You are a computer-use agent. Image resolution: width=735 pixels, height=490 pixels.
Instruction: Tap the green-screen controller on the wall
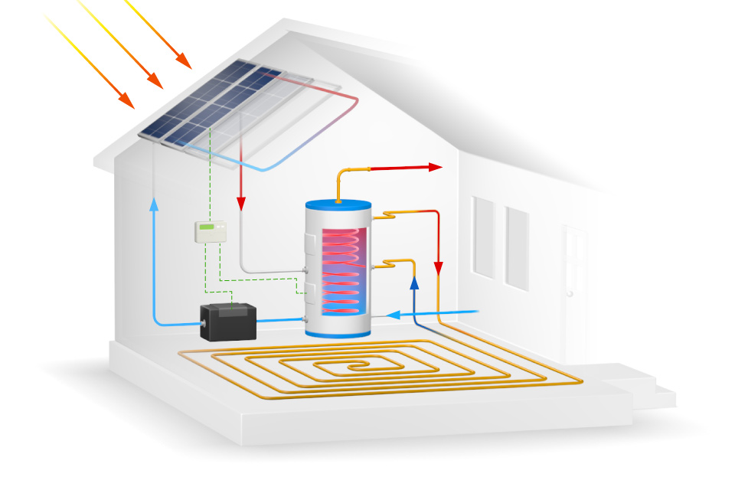click(207, 231)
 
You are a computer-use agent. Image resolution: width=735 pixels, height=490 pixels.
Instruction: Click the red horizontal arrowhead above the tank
click(436, 166)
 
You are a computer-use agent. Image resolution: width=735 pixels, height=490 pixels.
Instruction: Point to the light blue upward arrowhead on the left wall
click(154, 204)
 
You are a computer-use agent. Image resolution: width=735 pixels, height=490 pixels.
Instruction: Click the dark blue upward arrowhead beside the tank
click(415, 282)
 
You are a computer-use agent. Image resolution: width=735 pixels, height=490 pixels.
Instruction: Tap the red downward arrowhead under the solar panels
click(241, 204)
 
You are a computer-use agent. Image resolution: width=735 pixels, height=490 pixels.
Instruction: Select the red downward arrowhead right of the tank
click(439, 269)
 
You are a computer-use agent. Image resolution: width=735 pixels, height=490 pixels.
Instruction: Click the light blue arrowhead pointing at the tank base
click(392, 314)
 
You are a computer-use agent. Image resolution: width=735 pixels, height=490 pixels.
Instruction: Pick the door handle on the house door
click(570, 293)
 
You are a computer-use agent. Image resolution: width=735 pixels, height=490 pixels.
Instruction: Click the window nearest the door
click(517, 249)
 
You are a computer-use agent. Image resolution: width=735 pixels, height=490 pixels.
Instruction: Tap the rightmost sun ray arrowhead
click(183, 60)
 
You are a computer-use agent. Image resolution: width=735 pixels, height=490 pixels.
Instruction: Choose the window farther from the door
click(484, 237)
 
